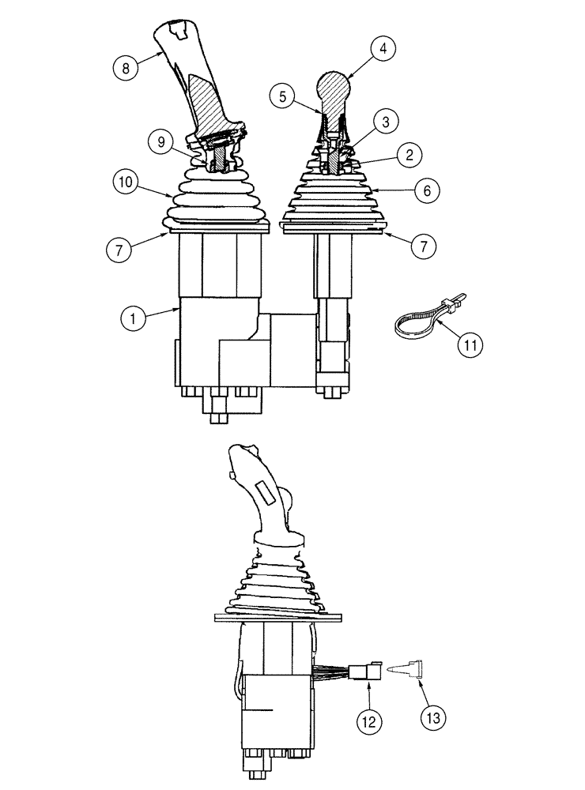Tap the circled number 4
click(x=382, y=48)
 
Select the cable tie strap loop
click(x=415, y=321)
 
